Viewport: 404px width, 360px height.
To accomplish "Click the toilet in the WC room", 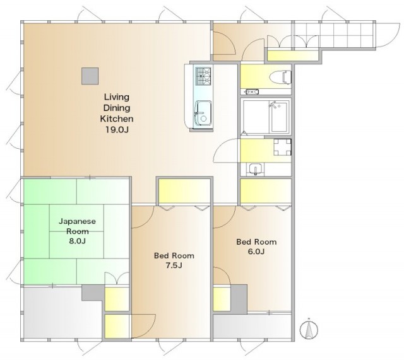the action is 280,76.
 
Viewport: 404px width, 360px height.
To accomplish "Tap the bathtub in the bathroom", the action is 279,117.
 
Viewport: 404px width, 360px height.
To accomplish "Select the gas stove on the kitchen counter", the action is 203,76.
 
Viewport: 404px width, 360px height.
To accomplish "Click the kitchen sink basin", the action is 203,114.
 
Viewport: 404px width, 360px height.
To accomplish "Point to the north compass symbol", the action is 309,329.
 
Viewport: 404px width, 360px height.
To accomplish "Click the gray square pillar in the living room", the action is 90,76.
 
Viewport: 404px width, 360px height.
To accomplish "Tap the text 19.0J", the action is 117,130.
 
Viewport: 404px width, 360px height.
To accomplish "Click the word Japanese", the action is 77,221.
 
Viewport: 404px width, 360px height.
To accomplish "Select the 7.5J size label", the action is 174,265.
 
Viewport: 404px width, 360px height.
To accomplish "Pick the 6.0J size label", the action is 256,252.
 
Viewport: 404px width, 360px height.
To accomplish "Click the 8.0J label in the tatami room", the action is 77,241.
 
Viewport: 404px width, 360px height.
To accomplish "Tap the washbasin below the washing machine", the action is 255,170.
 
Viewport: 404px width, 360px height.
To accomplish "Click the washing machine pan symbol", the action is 282,147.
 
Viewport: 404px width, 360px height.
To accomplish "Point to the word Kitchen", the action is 117,119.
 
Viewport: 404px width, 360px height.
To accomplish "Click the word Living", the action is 116,97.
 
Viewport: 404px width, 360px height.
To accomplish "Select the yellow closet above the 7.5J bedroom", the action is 184,191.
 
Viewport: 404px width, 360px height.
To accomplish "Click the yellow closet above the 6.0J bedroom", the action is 266,191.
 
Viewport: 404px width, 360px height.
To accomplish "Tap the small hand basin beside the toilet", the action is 252,91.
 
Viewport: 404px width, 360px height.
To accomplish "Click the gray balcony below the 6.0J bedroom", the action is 252,327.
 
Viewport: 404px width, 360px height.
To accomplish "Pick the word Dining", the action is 117,108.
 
